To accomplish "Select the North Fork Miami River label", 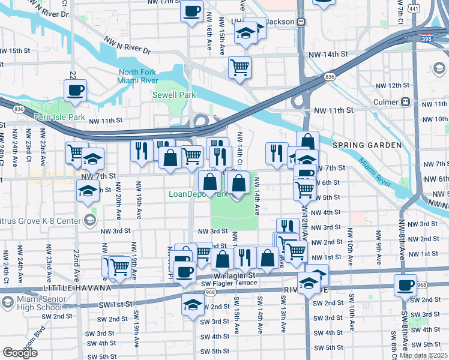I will click(138, 77).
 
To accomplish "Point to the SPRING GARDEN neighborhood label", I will click(366, 145).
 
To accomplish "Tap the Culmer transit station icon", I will click(406, 101).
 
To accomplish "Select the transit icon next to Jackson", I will click(302, 22).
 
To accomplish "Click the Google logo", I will click(20, 352).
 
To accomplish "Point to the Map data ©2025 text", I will click(423, 355).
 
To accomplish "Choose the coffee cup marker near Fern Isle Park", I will click(75, 91).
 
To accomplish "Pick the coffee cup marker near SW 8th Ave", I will click(406, 285).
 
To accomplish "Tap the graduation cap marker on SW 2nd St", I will click(193, 304).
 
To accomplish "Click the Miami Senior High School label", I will click(40, 304).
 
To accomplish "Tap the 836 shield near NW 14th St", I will click(330, 77).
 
